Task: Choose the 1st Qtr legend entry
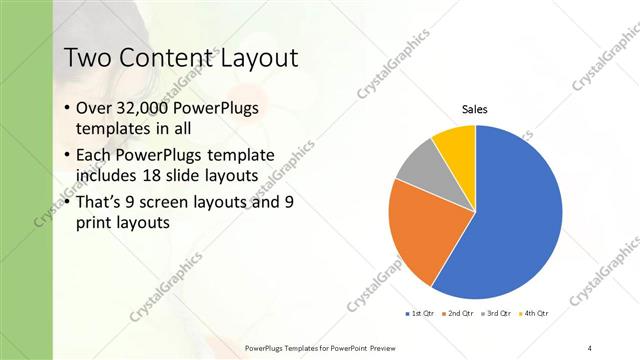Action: click(x=421, y=314)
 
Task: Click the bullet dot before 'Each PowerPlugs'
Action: click(x=67, y=155)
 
